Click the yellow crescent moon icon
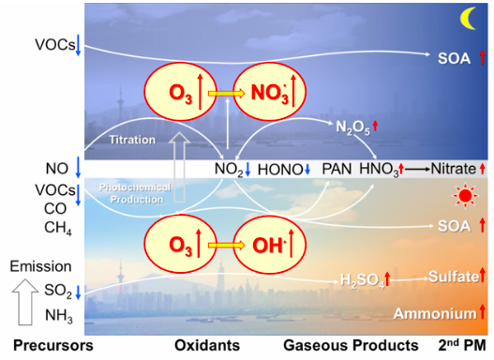(468, 18)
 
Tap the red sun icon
(465, 196)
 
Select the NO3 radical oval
(270, 92)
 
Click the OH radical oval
(270, 245)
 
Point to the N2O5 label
(352, 127)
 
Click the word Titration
(132, 140)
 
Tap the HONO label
(280, 170)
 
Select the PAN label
(337, 169)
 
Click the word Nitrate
(453, 169)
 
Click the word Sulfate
(454, 277)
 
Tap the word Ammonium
(435, 314)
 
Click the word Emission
(40, 266)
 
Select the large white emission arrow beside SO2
(25, 302)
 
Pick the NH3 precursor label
(59, 316)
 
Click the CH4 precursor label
(58, 228)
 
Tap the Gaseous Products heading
(351, 346)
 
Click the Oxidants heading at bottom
(207, 346)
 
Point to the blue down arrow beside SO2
(78, 292)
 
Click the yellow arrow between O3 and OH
(226, 245)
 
